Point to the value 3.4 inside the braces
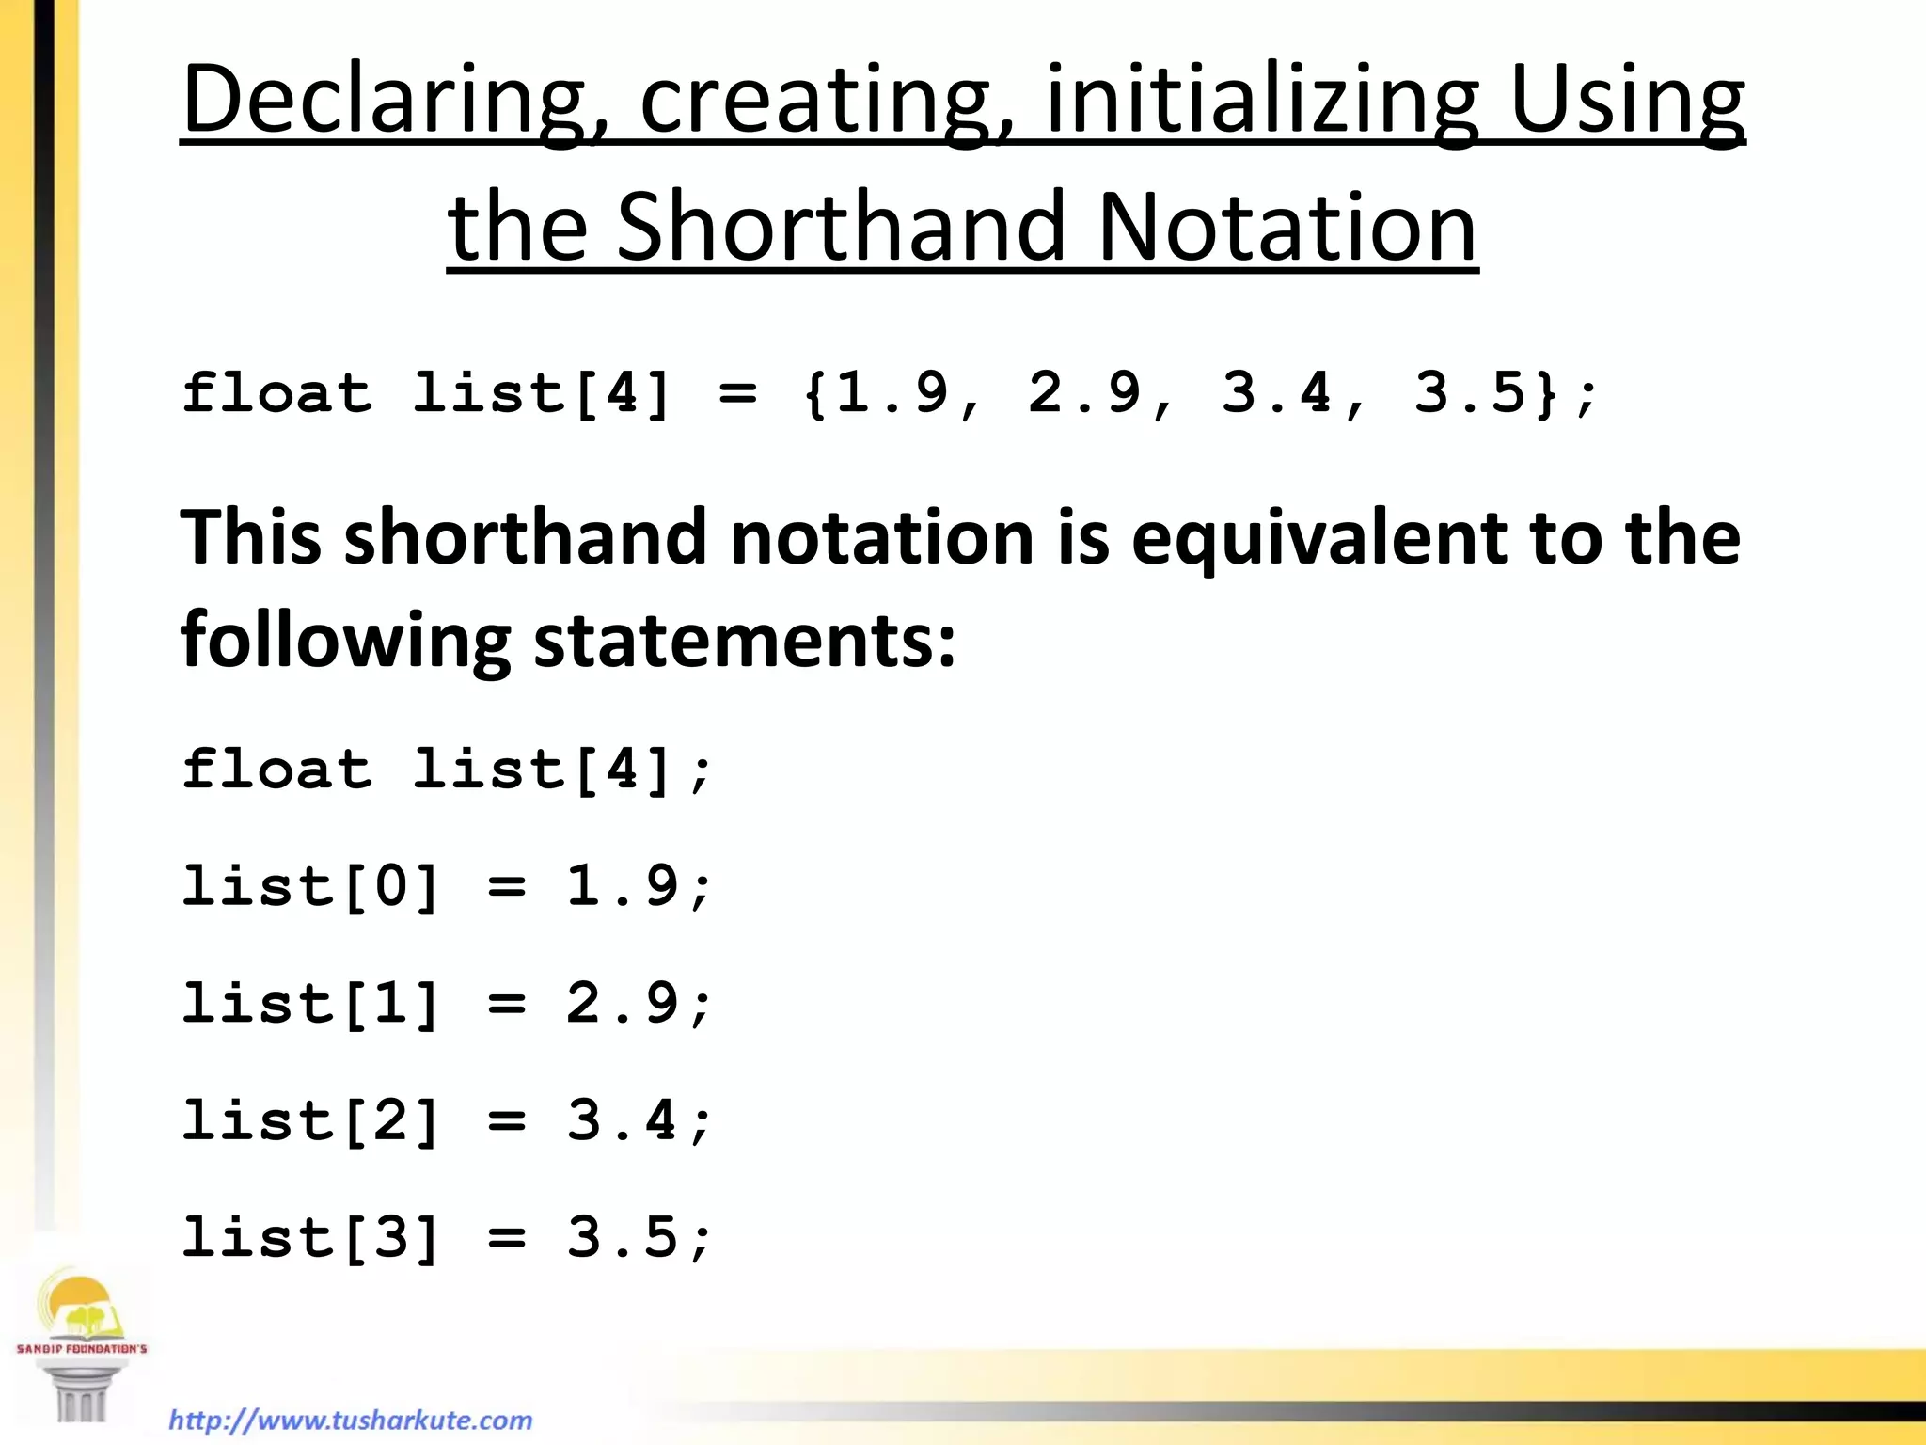(1276, 392)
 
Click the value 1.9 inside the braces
(892, 392)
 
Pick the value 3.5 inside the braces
(1468, 392)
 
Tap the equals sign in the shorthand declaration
(737, 394)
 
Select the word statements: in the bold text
(744, 641)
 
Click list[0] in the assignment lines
(310, 886)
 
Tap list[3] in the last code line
(310, 1237)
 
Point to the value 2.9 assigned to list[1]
(622, 1003)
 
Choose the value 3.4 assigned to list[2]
(622, 1120)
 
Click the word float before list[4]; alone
(276, 769)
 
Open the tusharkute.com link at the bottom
(351, 1420)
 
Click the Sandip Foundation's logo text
(82, 1348)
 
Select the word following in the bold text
(345, 641)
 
